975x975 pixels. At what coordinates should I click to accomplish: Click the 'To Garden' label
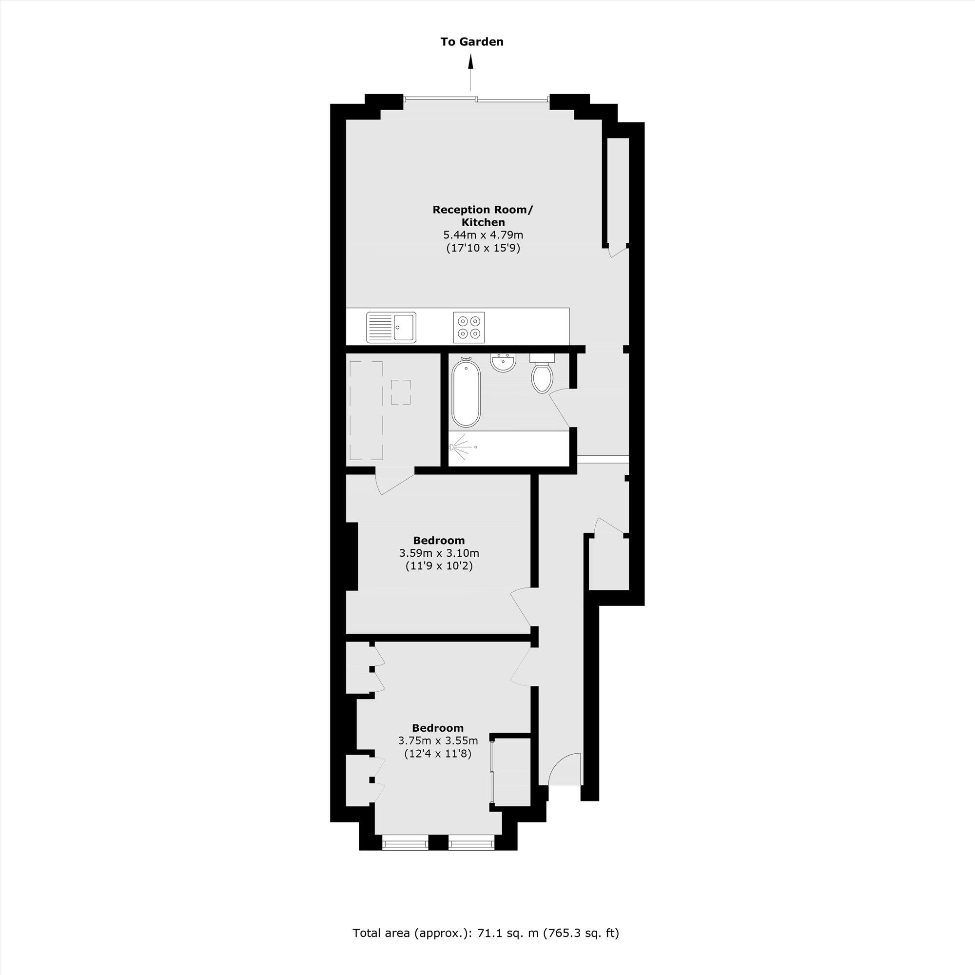click(471, 42)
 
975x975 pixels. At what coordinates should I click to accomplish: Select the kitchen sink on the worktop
click(391, 327)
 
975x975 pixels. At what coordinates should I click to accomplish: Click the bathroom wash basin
click(503, 363)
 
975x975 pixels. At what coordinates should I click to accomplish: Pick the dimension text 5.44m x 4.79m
click(483, 234)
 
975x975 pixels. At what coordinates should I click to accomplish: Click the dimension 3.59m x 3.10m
click(439, 553)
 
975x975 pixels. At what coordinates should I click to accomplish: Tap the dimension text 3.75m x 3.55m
click(438, 741)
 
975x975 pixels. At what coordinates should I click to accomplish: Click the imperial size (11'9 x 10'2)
click(439, 566)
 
